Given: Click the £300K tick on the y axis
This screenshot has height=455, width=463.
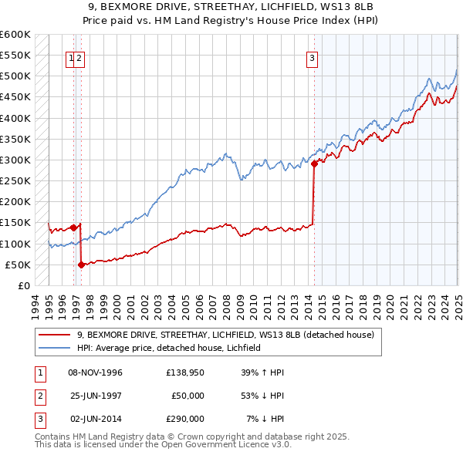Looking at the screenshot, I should [16, 160].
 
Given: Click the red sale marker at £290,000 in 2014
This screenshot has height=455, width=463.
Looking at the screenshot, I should [315, 163].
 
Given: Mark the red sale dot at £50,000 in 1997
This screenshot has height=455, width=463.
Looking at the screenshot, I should [81, 265].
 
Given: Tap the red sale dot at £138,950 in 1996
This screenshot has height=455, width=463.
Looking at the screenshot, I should [73, 228].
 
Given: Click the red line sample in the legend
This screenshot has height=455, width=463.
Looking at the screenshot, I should [56, 335].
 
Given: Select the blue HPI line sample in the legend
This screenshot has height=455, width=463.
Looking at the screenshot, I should [56, 348].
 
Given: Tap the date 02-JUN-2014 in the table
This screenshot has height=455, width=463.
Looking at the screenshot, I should [96, 419].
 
